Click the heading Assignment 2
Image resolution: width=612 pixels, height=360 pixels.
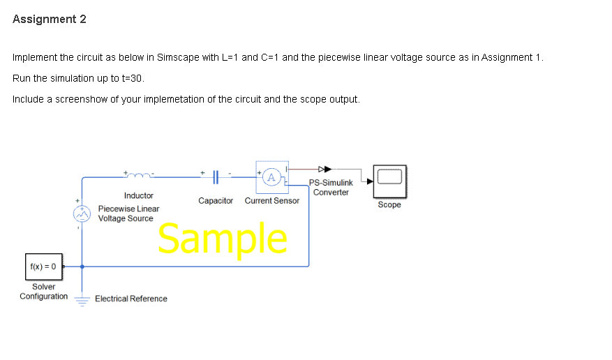point(50,20)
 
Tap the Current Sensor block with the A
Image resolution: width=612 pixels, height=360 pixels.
point(272,177)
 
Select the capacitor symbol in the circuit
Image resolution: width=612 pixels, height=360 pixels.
point(216,178)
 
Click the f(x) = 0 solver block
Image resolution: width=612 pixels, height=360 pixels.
point(43,266)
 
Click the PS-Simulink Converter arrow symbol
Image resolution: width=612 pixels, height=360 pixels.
point(324,168)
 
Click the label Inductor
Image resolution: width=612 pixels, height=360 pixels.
point(139,196)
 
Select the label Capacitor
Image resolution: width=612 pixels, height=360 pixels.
point(216,201)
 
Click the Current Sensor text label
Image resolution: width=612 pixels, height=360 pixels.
point(272,201)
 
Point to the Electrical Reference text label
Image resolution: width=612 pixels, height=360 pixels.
point(131,299)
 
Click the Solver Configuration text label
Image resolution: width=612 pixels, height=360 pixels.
point(44,292)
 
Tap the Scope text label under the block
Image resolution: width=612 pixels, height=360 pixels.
point(389,205)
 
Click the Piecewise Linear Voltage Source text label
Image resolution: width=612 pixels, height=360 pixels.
point(128,213)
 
